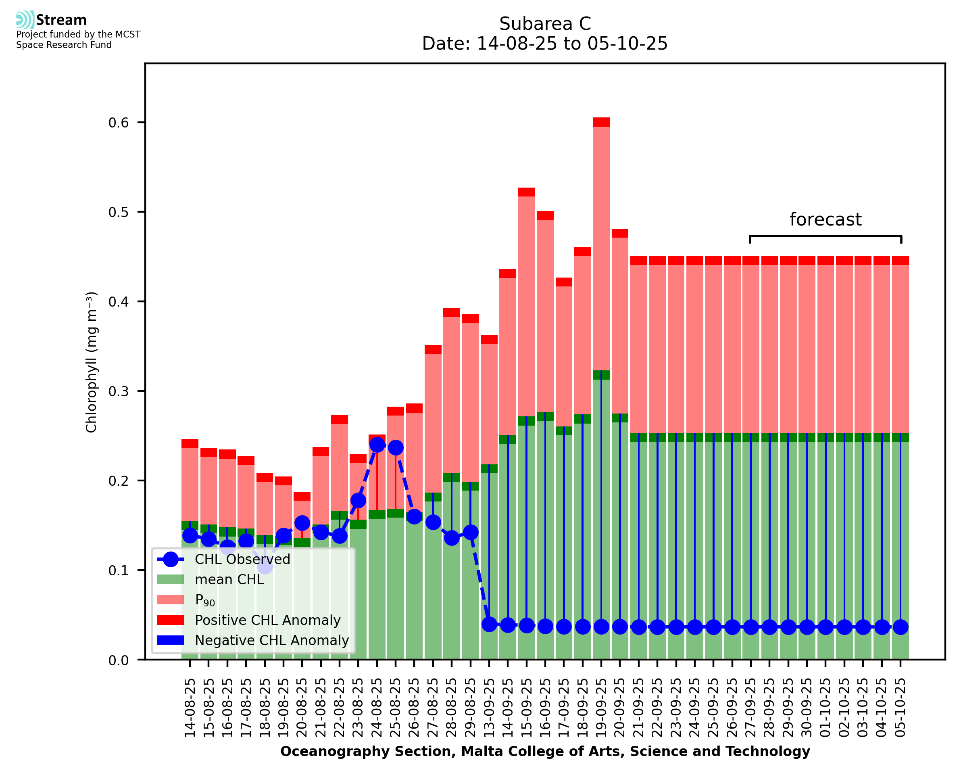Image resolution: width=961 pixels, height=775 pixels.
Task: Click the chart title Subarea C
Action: coord(545,24)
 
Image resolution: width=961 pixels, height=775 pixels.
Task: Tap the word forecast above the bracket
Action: coord(826,219)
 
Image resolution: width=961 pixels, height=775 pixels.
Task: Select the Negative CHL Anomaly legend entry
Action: coord(271,640)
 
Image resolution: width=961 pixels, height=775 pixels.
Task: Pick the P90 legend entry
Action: coord(205,600)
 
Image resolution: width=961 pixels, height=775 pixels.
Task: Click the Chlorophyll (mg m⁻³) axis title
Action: coord(91,361)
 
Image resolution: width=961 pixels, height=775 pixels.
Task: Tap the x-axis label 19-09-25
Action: coord(601,708)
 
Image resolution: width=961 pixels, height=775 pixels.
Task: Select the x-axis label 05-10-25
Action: coord(901,708)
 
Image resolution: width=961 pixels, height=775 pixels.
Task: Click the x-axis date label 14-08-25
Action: coord(190,708)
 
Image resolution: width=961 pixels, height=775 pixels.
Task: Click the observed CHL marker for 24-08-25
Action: coord(377,445)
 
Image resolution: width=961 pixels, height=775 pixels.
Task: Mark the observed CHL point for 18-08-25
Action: coord(265,566)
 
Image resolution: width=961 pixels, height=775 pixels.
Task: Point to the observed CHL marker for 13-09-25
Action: coord(490,624)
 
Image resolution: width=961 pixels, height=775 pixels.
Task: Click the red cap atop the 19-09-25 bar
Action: coord(601,122)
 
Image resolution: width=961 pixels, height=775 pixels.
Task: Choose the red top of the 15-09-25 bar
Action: coord(526,192)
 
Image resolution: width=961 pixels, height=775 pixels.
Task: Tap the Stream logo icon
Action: coord(25,19)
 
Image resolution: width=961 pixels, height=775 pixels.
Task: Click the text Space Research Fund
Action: coord(64,45)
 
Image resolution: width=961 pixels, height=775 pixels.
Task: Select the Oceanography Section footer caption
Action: coord(545,751)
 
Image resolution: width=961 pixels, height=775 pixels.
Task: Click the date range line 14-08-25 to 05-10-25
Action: coord(545,44)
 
